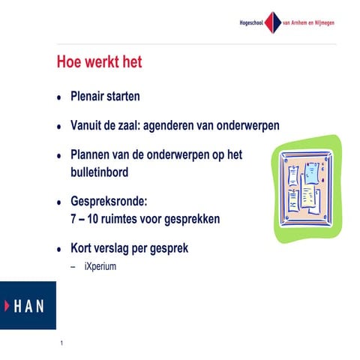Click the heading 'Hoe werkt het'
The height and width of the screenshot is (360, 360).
coord(99,62)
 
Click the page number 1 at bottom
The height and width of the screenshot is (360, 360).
coord(61,344)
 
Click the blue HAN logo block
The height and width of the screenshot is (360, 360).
coord(28,305)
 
